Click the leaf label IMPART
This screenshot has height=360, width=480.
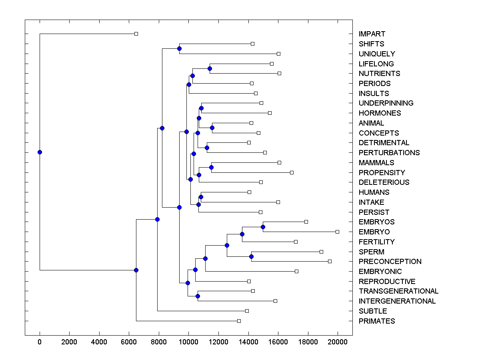pyautogui.click(x=372, y=34)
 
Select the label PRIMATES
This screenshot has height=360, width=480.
pyautogui.click(x=376, y=321)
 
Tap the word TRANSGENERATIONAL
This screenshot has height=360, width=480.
pyautogui.click(x=398, y=291)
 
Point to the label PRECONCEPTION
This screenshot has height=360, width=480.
pyautogui.click(x=390, y=262)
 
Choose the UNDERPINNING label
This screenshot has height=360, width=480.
pyautogui.click(x=386, y=103)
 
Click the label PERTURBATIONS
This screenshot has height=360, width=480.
pyautogui.click(x=389, y=153)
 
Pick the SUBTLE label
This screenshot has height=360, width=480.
pyautogui.click(x=373, y=311)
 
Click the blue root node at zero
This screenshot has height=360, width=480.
pyautogui.click(x=40, y=152)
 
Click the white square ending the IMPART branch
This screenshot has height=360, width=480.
pyautogui.click(x=136, y=34)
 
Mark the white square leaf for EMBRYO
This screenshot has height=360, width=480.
pyautogui.click(x=337, y=232)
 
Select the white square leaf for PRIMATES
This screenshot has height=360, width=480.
pyautogui.click(x=239, y=321)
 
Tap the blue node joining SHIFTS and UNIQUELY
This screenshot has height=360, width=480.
pyautogui.click(x=179, y=48)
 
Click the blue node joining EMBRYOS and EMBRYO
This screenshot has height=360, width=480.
pyautogui.click(x=263, y=227)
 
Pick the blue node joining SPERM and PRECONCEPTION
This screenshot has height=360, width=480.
pyautogui.click(x=251, y=256)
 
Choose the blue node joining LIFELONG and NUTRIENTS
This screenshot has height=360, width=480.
pyautogui.click(x=210, y=68)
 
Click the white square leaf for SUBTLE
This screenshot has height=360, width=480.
pyautogui.click(x=247, y=311)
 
